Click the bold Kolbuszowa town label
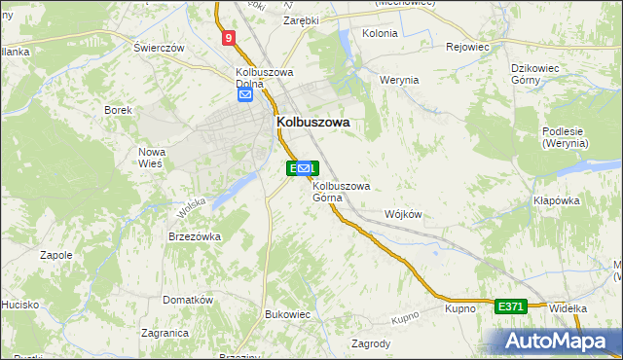click(x=313, y=123)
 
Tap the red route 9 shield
click(x=228, y=38)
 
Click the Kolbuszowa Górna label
click(x=341, y=192)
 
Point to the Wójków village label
click(x=403, y=214)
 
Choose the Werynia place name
click(x=399, y=80)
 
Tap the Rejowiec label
click(x=466, y=47)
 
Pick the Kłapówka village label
click(x=557, y=200)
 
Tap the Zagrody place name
click(x=371, y=343)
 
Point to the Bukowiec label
click(x=287, y=314)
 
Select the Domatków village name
click(x=188, y=300)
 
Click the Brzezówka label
click(x=195, y=236)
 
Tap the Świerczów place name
click(x=160, y=48)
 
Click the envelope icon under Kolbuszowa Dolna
click(x=245, y=95)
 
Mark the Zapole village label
click(x=55, y=255)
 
